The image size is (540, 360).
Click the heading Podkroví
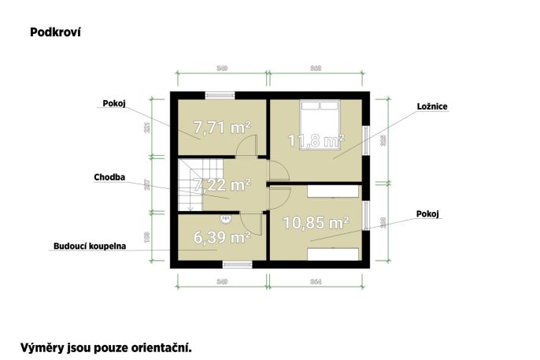pyautogui.click(x=56, y=32)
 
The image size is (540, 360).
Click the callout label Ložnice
pyautogui.click(x=432, y=106)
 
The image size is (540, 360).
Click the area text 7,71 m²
pyautogui.click(x=222, y=127)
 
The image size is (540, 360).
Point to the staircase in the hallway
pyautogui.click(x=192, y=184)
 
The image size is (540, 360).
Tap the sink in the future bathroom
pyautogui.click(x=226, y=218)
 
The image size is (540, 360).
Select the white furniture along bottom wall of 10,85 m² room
pyautogui.click(x=332, y=254)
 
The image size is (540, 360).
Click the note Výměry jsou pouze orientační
pyautogui.click(x=105, y=346)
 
